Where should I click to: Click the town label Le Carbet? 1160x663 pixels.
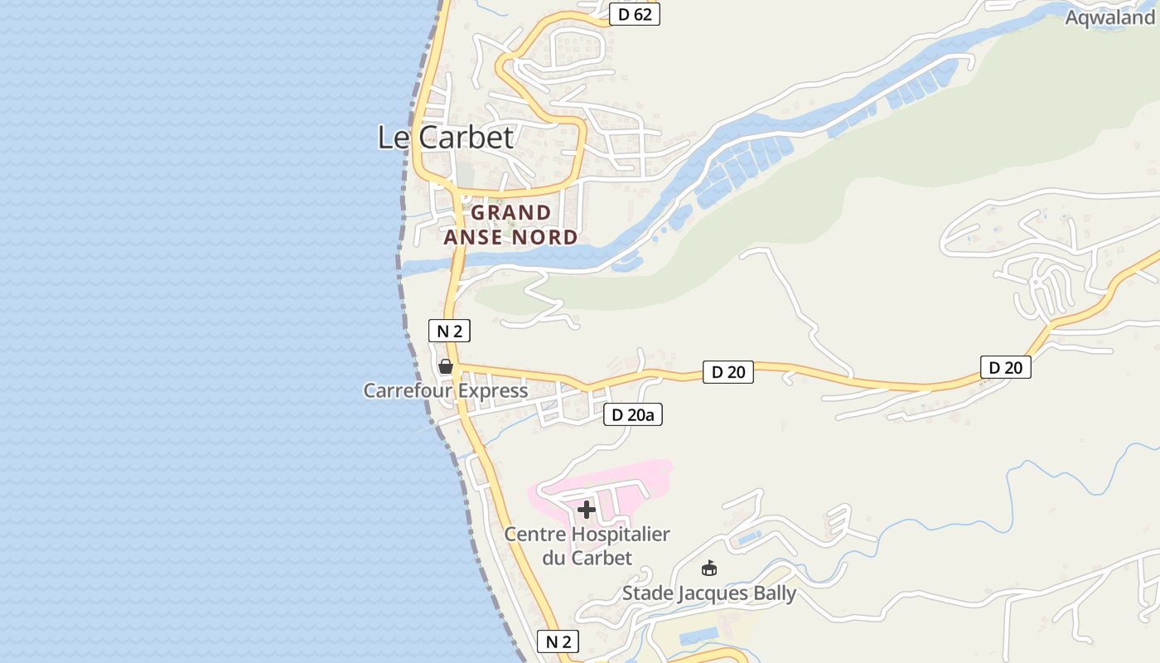[x=446, y=137]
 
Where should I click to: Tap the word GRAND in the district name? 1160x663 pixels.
[x=511, y=213]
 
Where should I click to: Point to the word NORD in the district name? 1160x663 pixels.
[x=544, y=238]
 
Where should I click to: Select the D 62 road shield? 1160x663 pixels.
[x=635, y=14]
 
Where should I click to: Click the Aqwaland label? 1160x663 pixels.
[x=1109, y=17]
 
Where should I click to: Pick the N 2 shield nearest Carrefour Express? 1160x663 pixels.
[x=449, y=331]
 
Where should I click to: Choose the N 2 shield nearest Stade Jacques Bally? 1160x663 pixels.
[x=558, y=641]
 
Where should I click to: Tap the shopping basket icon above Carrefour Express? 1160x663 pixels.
[x=446, y=366]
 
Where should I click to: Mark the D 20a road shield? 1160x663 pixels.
[x=633, y=414]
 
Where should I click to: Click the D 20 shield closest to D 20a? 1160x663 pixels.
[x=728, y=372]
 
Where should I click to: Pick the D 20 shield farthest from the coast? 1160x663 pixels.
[x=1005, y=367]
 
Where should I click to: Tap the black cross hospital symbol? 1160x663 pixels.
[x=587, y=509]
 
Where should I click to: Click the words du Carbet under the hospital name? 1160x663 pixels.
[x=587, y=558]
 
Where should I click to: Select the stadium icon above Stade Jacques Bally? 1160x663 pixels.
[x=708, y=569]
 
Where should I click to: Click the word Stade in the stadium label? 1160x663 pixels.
[x=647, y=593]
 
